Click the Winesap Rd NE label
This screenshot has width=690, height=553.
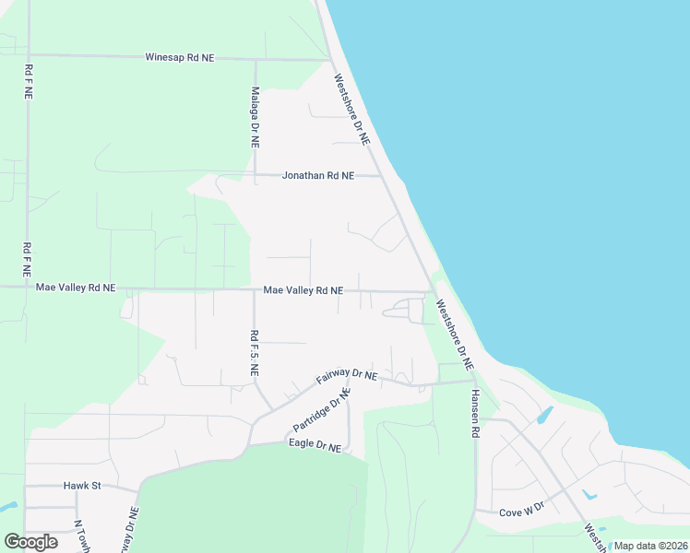click(x=180, y=57)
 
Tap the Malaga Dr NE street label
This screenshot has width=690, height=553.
click(x=255, y=118)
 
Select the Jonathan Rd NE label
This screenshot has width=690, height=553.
click(x=317, y=175)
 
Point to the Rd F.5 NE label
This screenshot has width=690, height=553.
click(x=254, y=353)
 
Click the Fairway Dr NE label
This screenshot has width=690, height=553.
click(x=347, y=376)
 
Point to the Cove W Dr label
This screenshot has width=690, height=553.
click(x=522, y=510)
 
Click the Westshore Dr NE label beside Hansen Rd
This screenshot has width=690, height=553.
click(x=454, y=335)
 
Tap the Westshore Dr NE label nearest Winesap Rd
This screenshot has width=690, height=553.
click(x=351, y=109)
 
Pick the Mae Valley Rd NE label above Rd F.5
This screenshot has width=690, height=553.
click(x=303, y=290)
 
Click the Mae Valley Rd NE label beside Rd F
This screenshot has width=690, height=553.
click(x=76, y=288)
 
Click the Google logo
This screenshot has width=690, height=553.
click(x=30, y=542)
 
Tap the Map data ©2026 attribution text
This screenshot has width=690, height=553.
click(x=650, y=546)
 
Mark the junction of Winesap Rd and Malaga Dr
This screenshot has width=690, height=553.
click(x=256, y=59)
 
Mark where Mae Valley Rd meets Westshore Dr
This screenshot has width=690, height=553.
click(x=432, y=293)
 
